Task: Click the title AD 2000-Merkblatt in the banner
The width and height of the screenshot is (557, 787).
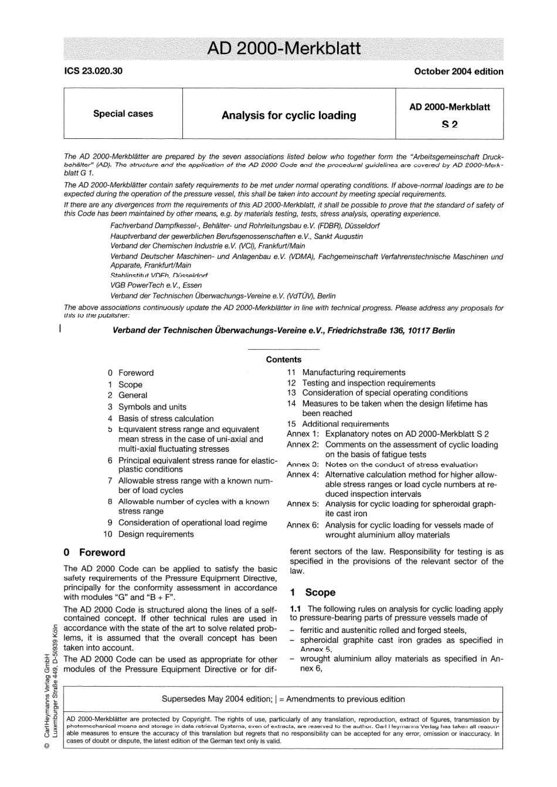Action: (x=284, y=48)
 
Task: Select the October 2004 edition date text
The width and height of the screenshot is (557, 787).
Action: (x=458, y=71)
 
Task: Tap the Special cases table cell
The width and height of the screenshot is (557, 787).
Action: (x=123, y=114)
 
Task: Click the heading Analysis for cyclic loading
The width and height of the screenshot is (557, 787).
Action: (x=288, y=115)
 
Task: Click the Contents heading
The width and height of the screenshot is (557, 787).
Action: (x=283, y=360)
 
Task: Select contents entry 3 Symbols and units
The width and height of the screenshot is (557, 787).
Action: (x=152, y=407)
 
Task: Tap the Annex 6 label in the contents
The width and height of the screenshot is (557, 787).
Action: (x=303, y=525)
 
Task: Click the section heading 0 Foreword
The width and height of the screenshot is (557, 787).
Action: (x=94, y=552)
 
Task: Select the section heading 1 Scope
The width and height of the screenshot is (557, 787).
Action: (x=313, y=592)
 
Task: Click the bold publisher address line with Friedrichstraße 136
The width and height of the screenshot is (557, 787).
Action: (x=283, y=331)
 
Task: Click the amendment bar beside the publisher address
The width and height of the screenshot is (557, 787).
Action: (x=60, y=330)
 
